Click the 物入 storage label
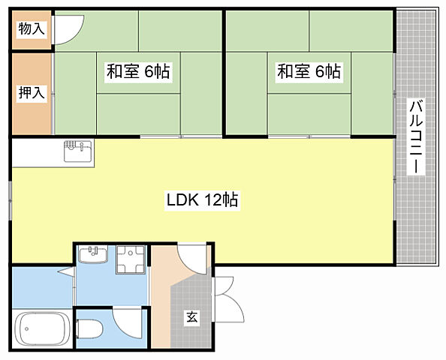click(x=32, y=30)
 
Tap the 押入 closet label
click(x=32, y=93)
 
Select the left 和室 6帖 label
click(x=137, y=72)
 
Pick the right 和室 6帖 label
click(x=309, y=72)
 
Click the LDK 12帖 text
click(x=202, y=200)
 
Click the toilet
click(x=90, y=329)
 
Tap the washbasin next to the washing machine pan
click(x=94, y=256)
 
